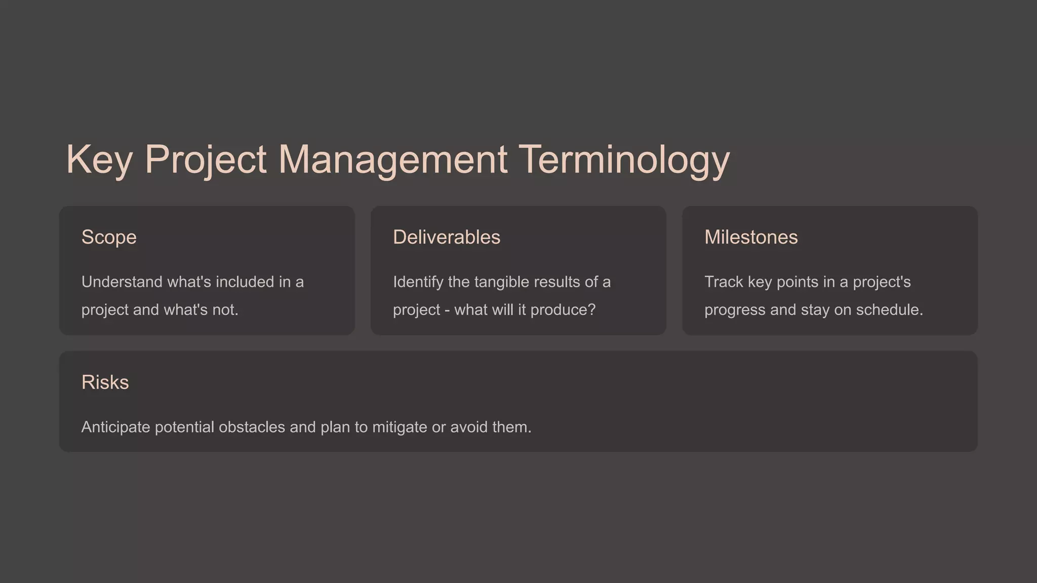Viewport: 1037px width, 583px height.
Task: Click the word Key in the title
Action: click(x=99, y=160)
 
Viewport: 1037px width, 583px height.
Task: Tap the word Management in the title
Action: click(x=392, y=160)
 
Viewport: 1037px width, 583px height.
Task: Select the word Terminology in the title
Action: click(x=624, y=160)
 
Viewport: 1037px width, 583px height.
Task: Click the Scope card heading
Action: click(x=109, y=237)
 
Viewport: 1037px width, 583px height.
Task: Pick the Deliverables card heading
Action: click(x=446, y=237)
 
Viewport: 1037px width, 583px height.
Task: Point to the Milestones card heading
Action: click(x=750, y=237)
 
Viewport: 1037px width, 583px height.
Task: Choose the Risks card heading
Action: click(x=105, y=383)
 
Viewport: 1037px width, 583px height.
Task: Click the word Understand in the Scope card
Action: click(x=122, y=282)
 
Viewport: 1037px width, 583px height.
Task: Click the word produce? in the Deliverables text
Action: click(x=563, y=310)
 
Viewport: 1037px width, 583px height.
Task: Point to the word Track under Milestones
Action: click(x=724, y=282)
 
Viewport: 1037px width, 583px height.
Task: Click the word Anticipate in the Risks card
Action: click(x=115, y=427)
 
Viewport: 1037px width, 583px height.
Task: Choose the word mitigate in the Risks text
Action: click(x=400, y=427)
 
